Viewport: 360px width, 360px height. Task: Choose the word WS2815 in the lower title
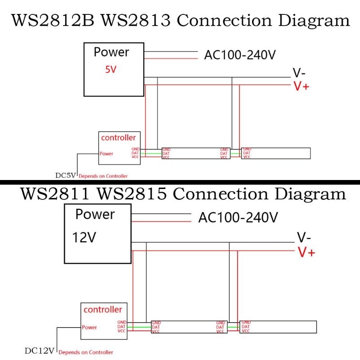tap(132, 194)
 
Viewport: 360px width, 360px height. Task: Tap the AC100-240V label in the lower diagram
tap(238, 217)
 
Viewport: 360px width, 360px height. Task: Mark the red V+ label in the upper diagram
tap(301, 86)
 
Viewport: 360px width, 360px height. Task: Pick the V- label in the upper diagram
tap(299, 72)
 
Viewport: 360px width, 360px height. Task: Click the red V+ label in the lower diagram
tap(306, 252)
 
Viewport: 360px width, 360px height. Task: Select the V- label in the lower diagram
tap(305, 238)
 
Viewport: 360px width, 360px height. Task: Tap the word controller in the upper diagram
tap(118, 138)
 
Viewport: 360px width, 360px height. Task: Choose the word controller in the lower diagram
tap(103, 310)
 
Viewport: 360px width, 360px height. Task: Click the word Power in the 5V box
tap(111, 52)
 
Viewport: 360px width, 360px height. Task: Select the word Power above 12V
tap(95, 214)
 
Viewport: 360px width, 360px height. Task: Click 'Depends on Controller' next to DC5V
tap(103, 176)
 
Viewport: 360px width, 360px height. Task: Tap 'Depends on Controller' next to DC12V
tap(86, 352)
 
